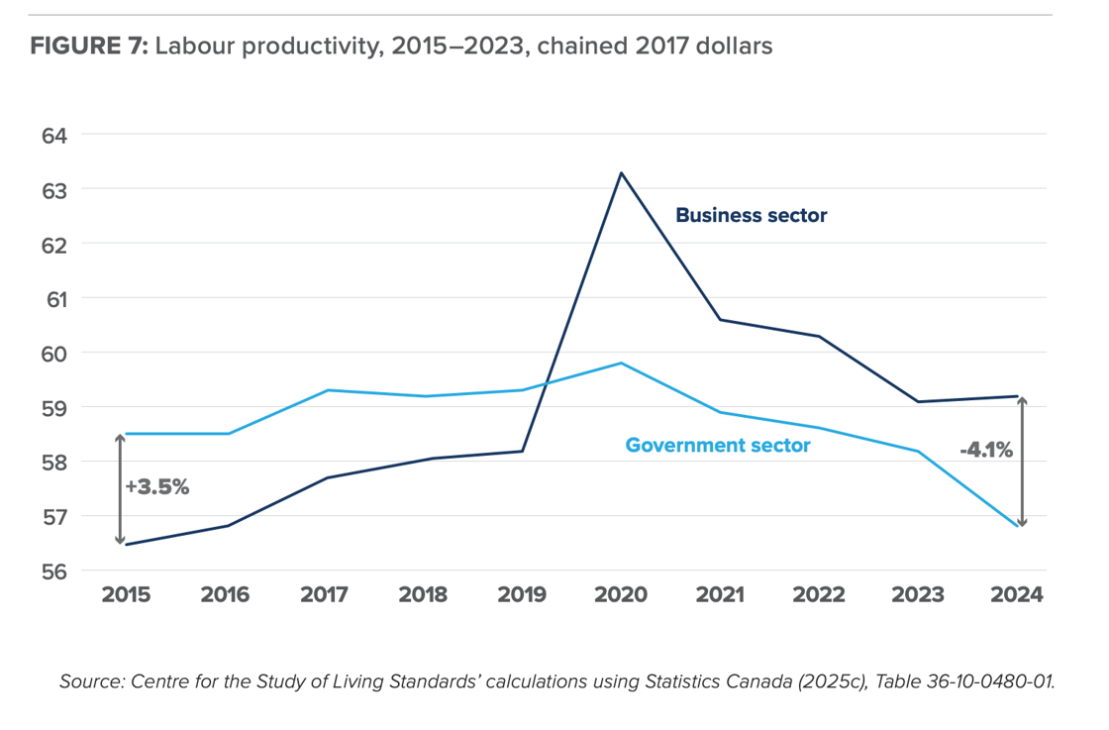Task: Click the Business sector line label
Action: point(751,215)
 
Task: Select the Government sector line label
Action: point(717,446)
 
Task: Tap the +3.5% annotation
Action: point(156,486)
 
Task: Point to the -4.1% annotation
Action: point(985,450)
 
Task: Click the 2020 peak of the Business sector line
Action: point(621,173)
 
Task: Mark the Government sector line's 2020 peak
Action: point(621,363)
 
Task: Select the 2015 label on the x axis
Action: point(126,595)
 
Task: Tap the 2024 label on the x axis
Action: point(1018,595)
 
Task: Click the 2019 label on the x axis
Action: point(522,595)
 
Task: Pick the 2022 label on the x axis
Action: point(820,595)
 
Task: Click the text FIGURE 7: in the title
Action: point(89,47)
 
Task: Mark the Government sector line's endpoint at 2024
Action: point(1018,526)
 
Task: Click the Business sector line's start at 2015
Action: point(126,544)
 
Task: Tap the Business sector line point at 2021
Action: point(720,319)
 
